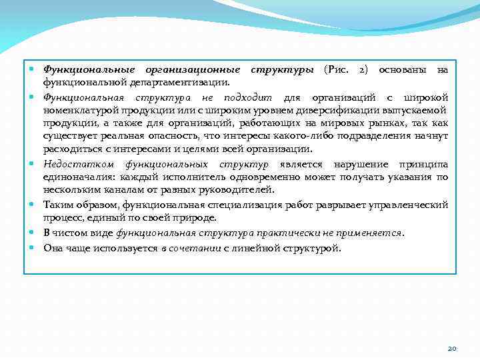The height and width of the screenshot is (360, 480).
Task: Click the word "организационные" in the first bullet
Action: click(199, 69)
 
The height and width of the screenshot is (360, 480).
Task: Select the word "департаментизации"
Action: click(181, 83)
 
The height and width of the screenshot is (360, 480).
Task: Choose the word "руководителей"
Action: click(238, 191)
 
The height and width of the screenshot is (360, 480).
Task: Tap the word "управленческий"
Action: click(407, 205)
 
